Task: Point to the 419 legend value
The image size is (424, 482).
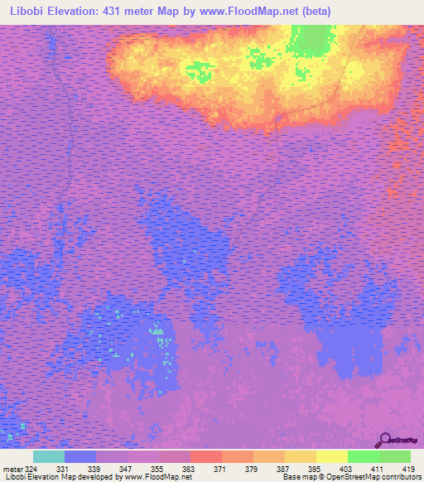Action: coord(406,469)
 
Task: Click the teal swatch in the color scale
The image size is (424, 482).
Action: coord(49,456)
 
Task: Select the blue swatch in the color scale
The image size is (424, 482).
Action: coord(80,456)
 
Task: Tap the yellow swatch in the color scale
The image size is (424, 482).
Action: coord(331,456)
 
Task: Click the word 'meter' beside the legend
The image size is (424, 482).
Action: coord(11,469)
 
